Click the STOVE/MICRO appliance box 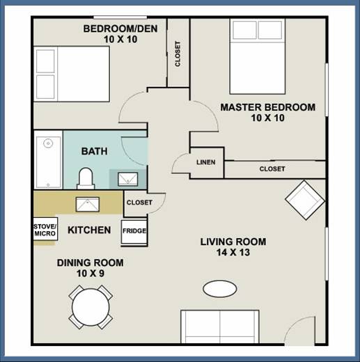coord(45,229)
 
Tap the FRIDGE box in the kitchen coord(134,232)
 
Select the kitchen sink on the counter coord(88,205)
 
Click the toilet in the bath coord(86,178)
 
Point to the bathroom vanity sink coord(128,179)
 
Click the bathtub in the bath coord(48,159)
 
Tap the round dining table coord(91,307)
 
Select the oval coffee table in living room coord(220,289)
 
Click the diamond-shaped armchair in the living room coord(305,200)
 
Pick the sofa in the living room coord(220,326)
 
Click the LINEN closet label coord(206,162)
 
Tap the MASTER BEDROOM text coord(268,107)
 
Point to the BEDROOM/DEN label coord(120,29)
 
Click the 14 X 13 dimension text coord(233,252)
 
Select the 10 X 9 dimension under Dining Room coord(91,274)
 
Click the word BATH coord(94,151)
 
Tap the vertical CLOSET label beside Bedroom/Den coord(178,54)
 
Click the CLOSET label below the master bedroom coord(272,169)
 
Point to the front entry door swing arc coord(296,322)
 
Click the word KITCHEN coord(89,230)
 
